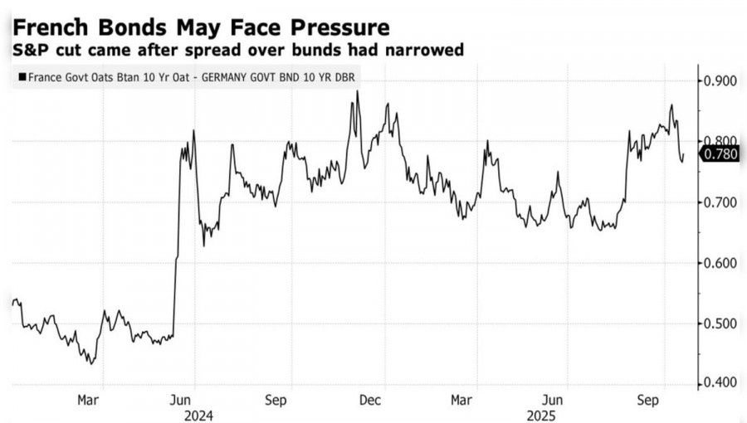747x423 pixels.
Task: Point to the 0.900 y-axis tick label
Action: (720, 81)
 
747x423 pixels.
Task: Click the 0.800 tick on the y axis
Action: (720, 142)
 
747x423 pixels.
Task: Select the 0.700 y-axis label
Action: (720, 202)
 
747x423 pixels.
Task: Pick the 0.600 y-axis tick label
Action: (720, 263)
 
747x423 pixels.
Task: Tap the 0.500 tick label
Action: (720, 323)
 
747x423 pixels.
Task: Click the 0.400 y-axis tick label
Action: (720, 383)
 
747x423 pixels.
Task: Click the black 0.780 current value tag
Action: (720, 153)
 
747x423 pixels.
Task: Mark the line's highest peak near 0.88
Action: (358, 91)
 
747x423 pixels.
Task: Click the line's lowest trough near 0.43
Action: (91, 363)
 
